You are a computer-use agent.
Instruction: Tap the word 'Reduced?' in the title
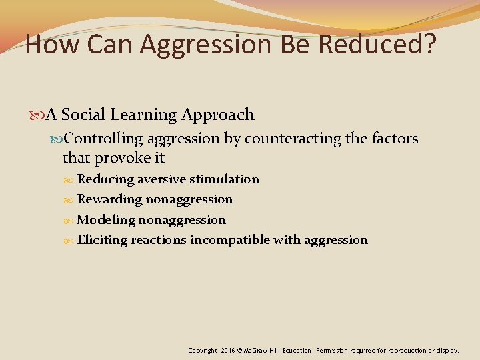(379, 45)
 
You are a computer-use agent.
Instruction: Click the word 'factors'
(397, 139)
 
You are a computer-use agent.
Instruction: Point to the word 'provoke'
(122, 159)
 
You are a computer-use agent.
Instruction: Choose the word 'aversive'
(161, 179)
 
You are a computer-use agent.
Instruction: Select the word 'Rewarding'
(109, 199)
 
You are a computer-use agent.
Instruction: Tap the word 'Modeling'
(106, 220)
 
